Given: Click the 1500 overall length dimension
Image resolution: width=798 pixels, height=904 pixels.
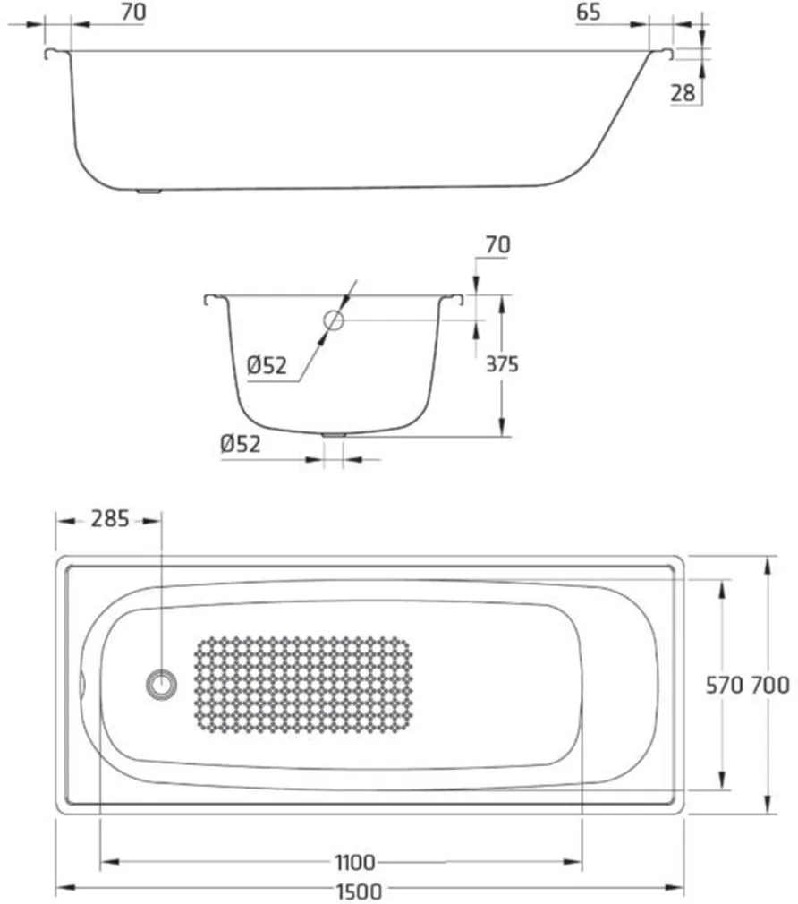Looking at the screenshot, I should coord(359,891).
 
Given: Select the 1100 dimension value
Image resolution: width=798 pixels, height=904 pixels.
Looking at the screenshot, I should coord(355,863).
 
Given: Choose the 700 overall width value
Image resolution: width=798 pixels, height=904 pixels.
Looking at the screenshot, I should coord(770,686).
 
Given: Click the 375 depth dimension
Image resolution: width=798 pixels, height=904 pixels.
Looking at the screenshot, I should coord(503,364).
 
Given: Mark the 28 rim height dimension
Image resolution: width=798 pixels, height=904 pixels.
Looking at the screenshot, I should coord(683,92).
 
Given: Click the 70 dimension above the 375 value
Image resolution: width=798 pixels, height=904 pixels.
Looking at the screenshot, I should coord(497,243).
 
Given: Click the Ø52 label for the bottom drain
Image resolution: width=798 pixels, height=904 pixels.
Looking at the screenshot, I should coord(240,443).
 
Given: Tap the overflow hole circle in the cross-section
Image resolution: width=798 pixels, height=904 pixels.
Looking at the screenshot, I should coord(334,320).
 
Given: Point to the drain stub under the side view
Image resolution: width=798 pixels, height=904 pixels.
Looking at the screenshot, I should coord(148,191).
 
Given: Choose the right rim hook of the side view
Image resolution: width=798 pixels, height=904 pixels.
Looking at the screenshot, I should coord(666,55).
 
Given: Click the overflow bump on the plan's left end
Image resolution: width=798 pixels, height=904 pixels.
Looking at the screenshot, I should coord(82,685).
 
